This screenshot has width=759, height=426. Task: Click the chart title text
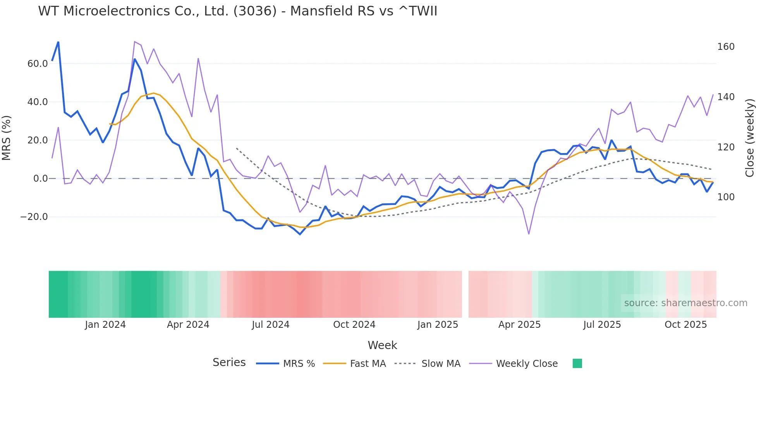pyautogui.click(x=237, y=11)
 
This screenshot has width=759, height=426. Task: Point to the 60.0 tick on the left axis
pyautogui.click(x=37, y=64)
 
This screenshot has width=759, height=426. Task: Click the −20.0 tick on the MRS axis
pyautogui.click(x=34, y=217)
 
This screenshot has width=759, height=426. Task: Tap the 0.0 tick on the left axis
pyautogui.click(x=40, y=179)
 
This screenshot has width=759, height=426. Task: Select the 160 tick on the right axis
pyautogui.click(x=726, y=47)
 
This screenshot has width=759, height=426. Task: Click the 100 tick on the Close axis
pyautogui.click(x=726, y=197)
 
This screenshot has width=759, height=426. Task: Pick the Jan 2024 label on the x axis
pyautogui.click(x=105, y=325)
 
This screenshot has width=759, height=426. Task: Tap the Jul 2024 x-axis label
pyautogui.click(x=270, y=325)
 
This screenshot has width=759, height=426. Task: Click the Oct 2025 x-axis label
pyautogui.click(x=685, y=325)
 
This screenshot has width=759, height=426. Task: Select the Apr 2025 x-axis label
pyautogui.click(x=519, y=325)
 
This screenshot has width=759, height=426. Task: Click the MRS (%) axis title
pyautogui.click(x=7, y=138)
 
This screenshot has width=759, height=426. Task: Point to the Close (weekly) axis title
pyautogui.click(x=750, y=138)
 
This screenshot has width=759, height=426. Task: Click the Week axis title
pyautogui.click(x=382, y=345)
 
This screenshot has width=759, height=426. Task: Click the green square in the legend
pyautogui.click(x=577, y=363)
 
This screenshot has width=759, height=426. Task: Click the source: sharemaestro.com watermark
pyautogui.click(x=685, y=303)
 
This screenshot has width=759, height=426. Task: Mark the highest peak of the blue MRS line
pyautogui.click(x=58, y=42)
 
